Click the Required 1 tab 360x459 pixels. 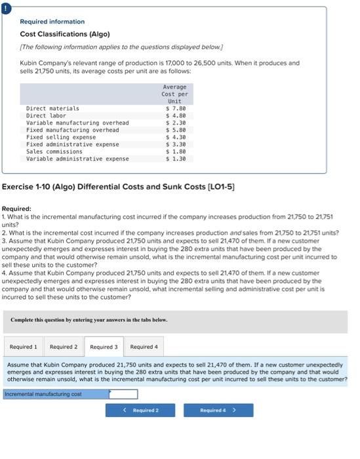pos(23,347)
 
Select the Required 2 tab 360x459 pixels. pos(64,347)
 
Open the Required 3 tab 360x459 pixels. pos(104,347)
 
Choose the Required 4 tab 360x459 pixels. pos(144,347)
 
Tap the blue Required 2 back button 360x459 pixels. pos(141,410)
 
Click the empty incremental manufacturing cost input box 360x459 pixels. pos(123,394)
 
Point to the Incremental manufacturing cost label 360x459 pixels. pos(43,394)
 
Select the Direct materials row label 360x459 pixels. pos(52,108)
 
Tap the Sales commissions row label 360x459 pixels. pos(54,151)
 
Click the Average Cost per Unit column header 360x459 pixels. pos(174,94)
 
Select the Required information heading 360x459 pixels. pos(52,22)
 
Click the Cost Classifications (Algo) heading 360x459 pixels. pos(65,34)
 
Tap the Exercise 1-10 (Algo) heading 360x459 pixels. pos(119,188)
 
